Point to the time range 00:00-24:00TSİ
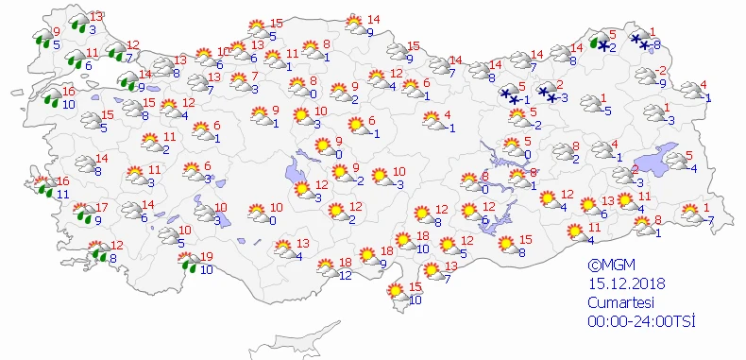(x=640, y=322)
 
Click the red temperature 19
(x=208, y=257)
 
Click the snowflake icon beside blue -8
(x=641, y=42)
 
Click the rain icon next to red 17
(x=84, y=214)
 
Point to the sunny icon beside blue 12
(x=325, y=268)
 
